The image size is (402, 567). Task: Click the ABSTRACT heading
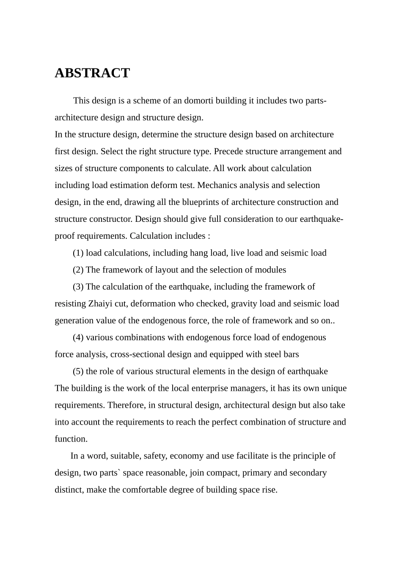[x=92, y=73]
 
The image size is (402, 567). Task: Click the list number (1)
[x=78, y=253]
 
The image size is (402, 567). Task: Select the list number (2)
[x=78, y=270]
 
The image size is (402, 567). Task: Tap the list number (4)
[x=78, y=337]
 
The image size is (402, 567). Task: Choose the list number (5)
[x=78, y=371]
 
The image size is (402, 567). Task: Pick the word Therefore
[x=126, y=405]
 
